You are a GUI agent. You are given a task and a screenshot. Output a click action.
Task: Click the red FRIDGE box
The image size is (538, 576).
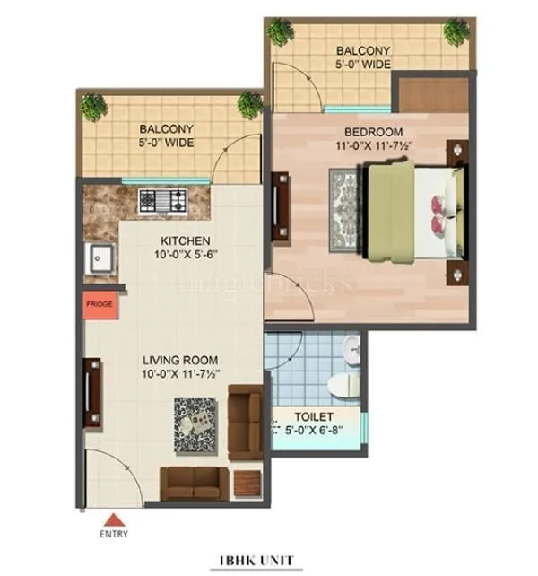tap(100, 305)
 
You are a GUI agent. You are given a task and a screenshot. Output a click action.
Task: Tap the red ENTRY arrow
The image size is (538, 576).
tap(114, 519)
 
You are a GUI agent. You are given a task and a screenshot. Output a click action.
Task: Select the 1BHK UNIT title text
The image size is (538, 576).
tap(256, 562)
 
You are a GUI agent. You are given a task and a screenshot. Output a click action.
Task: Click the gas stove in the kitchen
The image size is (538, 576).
tap(162, 201)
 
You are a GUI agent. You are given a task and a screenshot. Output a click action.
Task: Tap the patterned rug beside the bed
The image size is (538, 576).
tap(345, 209)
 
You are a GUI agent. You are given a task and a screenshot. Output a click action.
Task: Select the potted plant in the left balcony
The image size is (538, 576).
tap(92, 107)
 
